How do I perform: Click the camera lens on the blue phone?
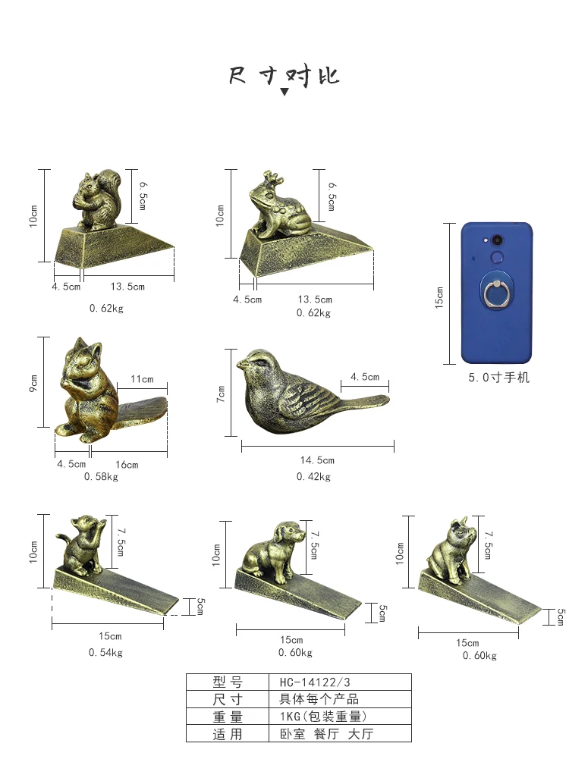[x=497, y=240]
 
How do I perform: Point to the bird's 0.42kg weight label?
[x=313, y=477]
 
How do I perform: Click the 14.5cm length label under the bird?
[x=317, y=460]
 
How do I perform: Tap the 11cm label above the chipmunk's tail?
[x=142, y=379]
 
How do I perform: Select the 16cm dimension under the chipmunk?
[x=127, y=465]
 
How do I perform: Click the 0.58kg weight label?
[x=101, y=477]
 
